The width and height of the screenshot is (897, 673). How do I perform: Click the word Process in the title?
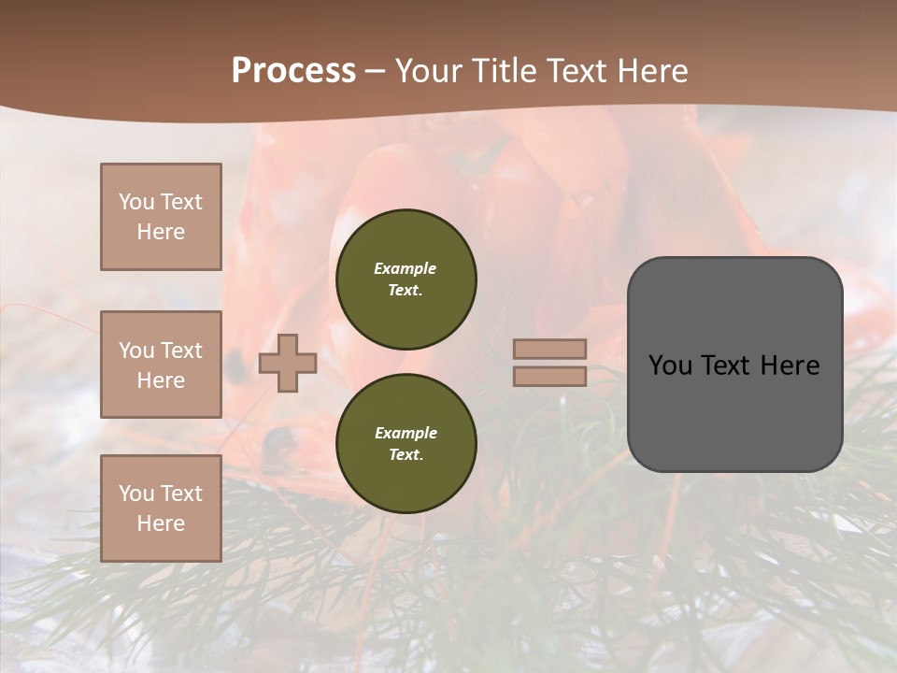[x=293, y=71]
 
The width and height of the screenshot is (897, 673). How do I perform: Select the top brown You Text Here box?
[x=161, y=217]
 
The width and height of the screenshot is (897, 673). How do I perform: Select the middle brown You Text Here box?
[x=161, y=365]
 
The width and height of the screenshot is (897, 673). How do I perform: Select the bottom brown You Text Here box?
[x=161, y=508]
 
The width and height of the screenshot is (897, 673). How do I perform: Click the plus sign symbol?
[x=288, y=363]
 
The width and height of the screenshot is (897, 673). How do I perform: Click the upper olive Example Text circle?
[x=406, y=279]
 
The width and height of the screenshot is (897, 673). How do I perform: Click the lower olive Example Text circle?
[x=406, y=443]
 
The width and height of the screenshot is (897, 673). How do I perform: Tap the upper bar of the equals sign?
[x=550, y=349]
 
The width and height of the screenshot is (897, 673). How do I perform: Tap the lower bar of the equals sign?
[x=550, y=376]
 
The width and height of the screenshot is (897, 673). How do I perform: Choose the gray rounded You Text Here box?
[x=734, y=365]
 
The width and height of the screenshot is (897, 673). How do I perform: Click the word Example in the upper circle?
[x=406, y=268]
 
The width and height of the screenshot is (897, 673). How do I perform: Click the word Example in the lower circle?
[x=406, y=433]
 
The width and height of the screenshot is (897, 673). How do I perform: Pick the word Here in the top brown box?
[x=161, y=232]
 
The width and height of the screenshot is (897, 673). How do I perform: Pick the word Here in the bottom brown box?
[x=161, y=523]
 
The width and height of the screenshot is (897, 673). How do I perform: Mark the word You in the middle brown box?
[x=135, y=351]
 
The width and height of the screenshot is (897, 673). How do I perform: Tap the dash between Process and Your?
[x=376, y=72]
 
